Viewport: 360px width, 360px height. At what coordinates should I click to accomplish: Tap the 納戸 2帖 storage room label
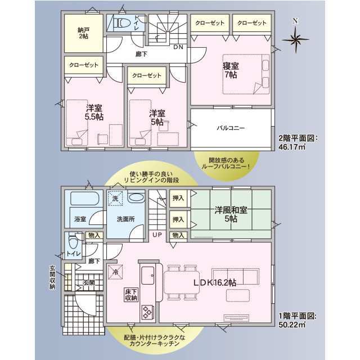pos(83,33)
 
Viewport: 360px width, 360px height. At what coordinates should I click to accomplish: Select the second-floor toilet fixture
pos(124,23)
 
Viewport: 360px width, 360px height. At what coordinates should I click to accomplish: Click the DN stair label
pos(178,47)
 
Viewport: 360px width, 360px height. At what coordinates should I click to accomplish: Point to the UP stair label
pos(157,235)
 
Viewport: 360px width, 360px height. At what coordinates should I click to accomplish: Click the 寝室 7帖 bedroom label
pos(231,70)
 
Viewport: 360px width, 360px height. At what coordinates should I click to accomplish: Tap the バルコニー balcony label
pos(231,128)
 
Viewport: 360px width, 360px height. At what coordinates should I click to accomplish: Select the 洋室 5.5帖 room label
pos(94,112)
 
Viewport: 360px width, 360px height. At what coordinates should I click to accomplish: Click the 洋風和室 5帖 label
pos(231,214)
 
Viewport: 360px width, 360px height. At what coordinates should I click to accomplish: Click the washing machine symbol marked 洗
pos(115,199)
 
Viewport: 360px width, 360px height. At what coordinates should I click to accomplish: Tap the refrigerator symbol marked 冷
pos(115,272)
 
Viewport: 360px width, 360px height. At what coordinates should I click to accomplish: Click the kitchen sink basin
pos(148,276)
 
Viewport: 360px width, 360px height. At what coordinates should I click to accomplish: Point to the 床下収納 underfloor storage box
pos(131,295)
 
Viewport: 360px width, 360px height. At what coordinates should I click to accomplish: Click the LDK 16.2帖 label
pos(215,282)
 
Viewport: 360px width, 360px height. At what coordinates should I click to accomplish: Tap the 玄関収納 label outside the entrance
pos(52,277)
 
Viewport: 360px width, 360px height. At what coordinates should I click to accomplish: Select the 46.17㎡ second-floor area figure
pos(292,147)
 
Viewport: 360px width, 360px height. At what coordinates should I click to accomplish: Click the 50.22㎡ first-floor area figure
pos(292,325)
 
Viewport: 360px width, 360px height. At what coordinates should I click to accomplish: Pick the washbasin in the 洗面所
pos(136,197)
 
